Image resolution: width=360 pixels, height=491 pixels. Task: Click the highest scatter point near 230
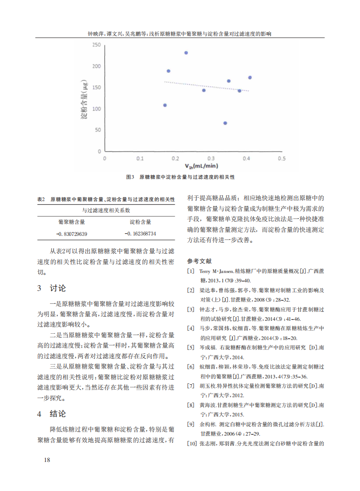pos(186,53)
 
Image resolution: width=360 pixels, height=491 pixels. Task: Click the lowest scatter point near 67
pos(225,123)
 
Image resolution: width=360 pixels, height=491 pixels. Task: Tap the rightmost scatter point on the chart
pos(250,77)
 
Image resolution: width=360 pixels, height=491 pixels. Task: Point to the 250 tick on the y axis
pos(96,45)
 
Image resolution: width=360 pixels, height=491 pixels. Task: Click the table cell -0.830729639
pos(72,234)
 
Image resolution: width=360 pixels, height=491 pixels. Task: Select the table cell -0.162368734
pos(140,234)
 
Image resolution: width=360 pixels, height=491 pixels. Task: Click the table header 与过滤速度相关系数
pos(106,210)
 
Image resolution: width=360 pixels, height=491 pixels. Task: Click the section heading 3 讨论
pos(51,288)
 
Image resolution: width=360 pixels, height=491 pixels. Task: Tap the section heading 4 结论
pos(51,413)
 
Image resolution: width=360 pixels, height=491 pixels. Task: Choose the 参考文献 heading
pos(199,260)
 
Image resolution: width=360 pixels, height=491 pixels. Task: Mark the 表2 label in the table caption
pos(41,199)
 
